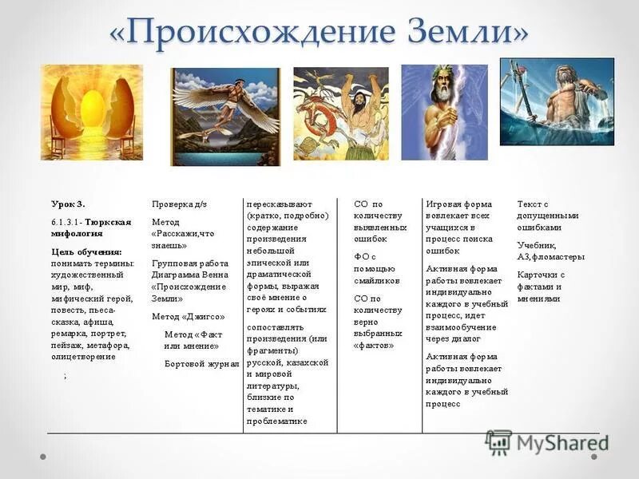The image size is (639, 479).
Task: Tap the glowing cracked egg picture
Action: click(x=92, y=113)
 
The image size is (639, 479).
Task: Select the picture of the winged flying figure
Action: click(x=225, y=117)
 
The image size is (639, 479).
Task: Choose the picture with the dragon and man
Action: click(x=341, y=113)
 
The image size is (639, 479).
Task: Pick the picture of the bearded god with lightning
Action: click(x=444, y=112)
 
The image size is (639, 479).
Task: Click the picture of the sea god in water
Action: click(x=557, y=101)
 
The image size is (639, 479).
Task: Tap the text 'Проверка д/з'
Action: click(x=180, y=204)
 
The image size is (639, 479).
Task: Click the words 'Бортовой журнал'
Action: click(x=201, y=363)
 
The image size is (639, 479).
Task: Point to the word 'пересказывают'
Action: click(x=280, y=204)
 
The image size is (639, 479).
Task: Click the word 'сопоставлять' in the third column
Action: click(x=276, y=327)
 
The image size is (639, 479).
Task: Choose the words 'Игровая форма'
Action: click(x=459, y=204)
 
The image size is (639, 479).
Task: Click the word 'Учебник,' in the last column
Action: click(x=537, y=245)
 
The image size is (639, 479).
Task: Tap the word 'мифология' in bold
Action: click(x=77, y=234)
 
